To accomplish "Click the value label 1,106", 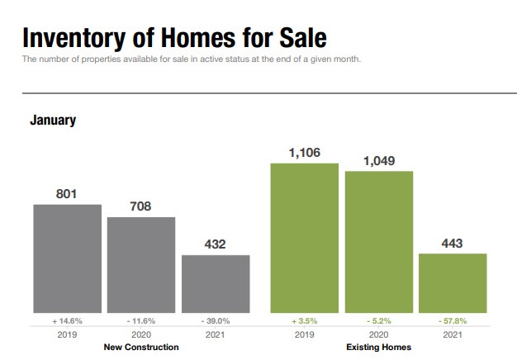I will pos(305,153).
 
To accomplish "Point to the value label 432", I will pos(216,244).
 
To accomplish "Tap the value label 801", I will pos(67,194).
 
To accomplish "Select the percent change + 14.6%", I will pos(67,320).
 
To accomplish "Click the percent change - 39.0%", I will pos(216,320).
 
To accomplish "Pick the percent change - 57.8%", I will pos(453,320).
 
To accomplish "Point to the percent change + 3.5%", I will pos(305,320).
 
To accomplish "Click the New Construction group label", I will pos(141,348).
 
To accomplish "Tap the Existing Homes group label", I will pos(379,348).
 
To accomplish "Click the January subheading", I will pos(53,121).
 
